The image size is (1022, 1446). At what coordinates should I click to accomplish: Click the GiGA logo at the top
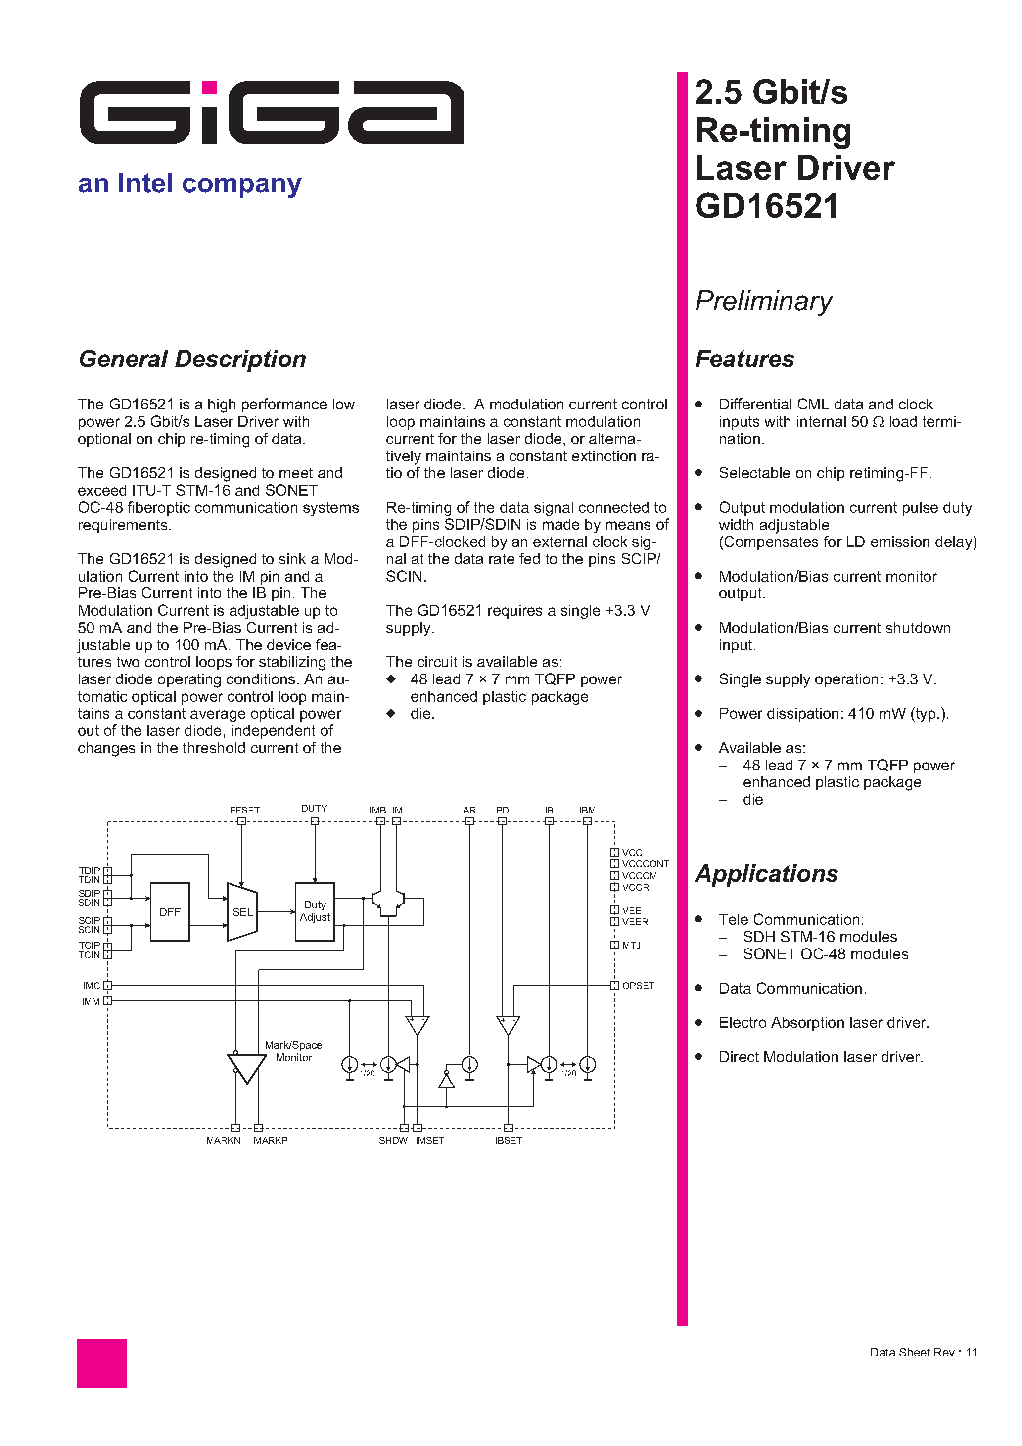click(x=272, y=113)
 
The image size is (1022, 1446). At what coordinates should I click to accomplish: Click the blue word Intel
click(x=145, y=183)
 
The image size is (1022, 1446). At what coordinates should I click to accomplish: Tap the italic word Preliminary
click(x=763, y=301)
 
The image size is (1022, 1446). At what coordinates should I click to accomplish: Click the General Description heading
click(x=192, y=359)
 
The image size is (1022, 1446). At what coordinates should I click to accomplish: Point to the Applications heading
click(x=766, y=873)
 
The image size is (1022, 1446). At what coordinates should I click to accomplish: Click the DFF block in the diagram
click(x=170, y=912)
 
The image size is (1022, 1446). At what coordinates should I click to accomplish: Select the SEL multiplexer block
click(x=242, y=912)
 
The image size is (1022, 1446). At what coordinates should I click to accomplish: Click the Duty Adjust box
click(x=315, y=911)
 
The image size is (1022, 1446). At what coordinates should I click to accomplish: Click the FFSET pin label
click(x=244, y=810)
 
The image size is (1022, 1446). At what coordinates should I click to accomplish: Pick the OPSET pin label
click(x=638, y=986)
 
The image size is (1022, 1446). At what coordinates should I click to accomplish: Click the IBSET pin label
click(x=508, y=1140)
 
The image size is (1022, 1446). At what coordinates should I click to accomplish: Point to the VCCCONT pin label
click(x=645, y=864)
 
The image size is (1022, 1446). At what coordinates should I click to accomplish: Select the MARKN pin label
click(x=223, y=1140)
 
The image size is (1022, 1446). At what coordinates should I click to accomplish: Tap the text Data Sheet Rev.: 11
click(x=923, y=1352)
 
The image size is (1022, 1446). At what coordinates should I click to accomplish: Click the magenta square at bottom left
click(x=101, y=1363)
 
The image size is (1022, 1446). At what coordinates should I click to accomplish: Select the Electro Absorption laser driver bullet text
click(x=823, y=1022)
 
